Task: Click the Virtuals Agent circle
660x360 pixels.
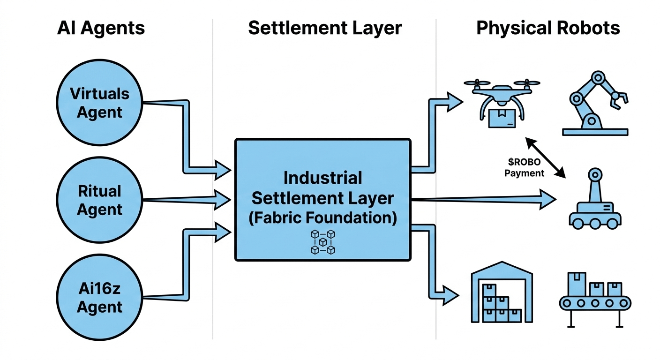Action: [99, 103]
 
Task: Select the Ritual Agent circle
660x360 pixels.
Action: [99, 201]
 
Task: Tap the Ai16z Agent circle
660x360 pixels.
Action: [99, 298]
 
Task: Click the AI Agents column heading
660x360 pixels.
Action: [101, 28]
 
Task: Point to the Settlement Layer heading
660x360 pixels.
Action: [325, 28]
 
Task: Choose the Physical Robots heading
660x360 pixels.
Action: [548, 28]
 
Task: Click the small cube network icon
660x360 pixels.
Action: [323, 242]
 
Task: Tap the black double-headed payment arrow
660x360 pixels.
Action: [545, 157]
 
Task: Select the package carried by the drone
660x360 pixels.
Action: [501, 118]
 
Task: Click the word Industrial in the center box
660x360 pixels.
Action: [323, 178]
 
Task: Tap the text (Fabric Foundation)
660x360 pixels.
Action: [323, 218]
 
